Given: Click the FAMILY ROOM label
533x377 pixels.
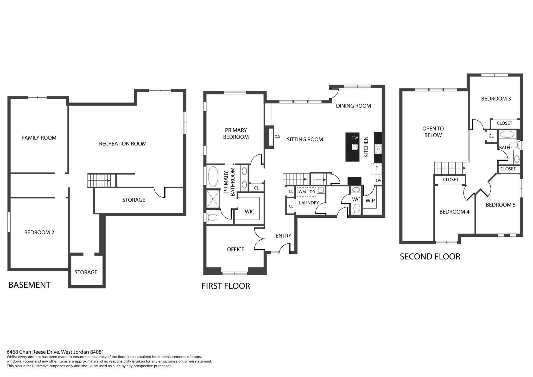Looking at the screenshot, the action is tap(39, 138).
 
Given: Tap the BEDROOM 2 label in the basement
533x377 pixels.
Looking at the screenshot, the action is tap(39, 232).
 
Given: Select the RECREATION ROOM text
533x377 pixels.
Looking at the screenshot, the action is tap(123, 143).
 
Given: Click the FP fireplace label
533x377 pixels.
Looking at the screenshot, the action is tap(277, 137).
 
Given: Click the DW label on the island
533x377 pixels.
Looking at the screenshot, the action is tap(354, 138).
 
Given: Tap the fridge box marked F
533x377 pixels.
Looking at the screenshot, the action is tap(376, 168).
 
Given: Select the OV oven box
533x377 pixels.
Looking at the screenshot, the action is tap(378, 180).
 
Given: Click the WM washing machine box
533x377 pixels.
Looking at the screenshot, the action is tap(302, 192).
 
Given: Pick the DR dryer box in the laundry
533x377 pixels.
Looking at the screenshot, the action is tap(312, 192).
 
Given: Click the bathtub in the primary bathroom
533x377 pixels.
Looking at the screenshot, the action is tap(213, 177).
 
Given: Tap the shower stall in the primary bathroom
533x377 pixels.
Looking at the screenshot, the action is tap(213, 199).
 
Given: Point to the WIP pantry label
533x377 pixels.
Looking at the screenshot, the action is tap(370, 201).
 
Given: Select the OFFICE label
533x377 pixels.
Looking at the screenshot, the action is tap(236, 249).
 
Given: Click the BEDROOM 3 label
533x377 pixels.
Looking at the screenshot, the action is tap(496, 99).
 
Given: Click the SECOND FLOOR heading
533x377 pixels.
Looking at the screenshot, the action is tap(430, 256).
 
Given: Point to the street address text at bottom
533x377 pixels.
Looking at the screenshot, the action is tap(55, 352).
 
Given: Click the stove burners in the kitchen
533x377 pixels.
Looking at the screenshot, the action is tap(378, 149).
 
